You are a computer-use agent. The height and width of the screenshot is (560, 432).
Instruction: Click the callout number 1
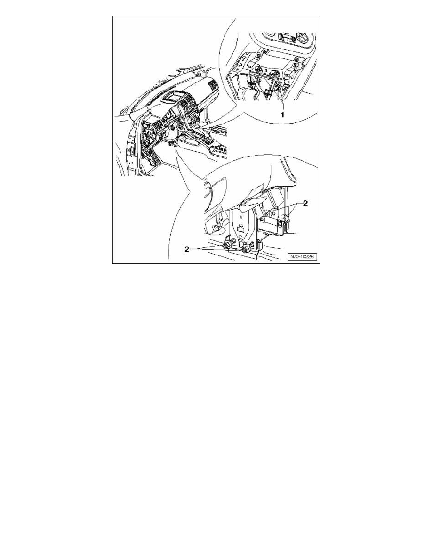click(283, 115)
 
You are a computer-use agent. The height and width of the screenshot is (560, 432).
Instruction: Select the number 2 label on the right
click(305, 203)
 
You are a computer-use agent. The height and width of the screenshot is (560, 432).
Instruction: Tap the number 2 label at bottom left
click(187, 250)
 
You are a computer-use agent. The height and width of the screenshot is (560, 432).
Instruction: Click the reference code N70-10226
click(303, 257)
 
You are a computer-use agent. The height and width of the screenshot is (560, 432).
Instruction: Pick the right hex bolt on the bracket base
click(245, 248)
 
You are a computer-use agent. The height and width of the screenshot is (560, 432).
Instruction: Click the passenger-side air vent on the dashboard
click(213, 86)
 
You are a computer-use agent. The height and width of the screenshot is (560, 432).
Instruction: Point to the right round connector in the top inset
click(274, 74)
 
